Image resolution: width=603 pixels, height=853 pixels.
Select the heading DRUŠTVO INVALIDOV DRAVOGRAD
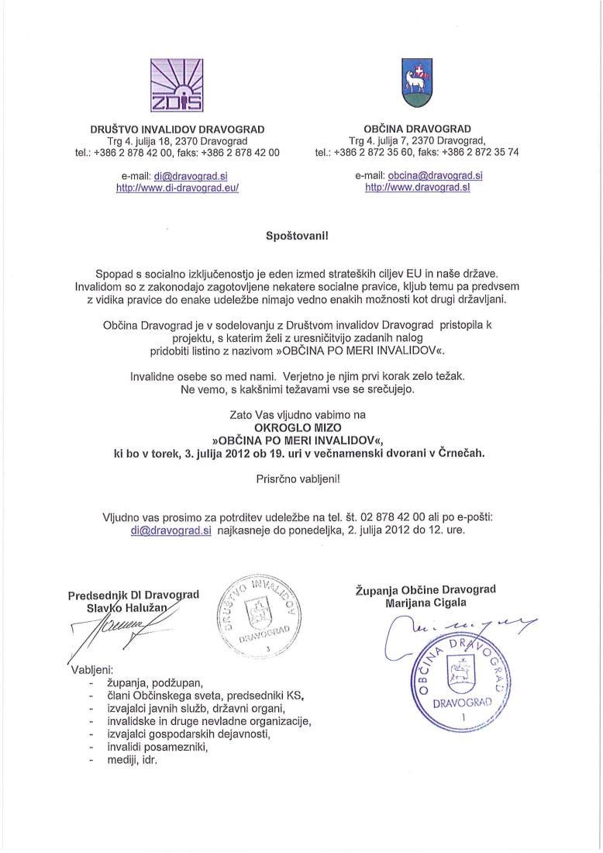pyautogui.click(x=177, y=129)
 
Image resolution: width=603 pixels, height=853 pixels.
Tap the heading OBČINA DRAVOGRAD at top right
pyautogui.click(x=417, y=129)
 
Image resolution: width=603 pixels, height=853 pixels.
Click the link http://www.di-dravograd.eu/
pyautogui.click(x=177, y=188)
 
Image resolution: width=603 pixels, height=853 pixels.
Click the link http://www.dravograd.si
pyautogui.click(x=418, y=188)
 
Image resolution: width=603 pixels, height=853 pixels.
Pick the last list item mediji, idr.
pyautogui.click(x=133, y=760)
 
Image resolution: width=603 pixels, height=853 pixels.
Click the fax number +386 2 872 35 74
pyautogui.click(x=487, y=152)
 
